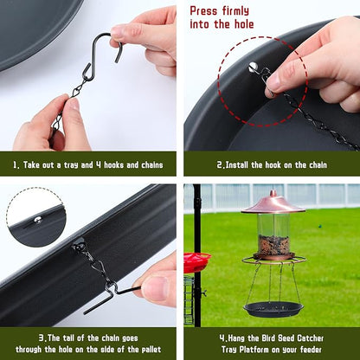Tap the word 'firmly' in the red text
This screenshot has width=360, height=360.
click(x=235, y=11)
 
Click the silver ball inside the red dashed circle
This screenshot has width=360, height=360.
click(x=253, y=67)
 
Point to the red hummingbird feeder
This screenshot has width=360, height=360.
click(x=197, y=262)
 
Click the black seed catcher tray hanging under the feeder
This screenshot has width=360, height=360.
click(x=273, y=309)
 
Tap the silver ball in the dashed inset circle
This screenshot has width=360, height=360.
click(x=38, y=221)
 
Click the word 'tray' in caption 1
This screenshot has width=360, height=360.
click(x=71, y=165)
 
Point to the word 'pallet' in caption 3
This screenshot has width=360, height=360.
click(x=151, y=350)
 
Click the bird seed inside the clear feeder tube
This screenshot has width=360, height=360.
click(x=273, y=245)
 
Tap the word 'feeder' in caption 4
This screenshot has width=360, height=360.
click(x=311, y=350)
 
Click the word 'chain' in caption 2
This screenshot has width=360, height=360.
click(x=318, y=165)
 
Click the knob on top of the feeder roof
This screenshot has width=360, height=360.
click(x=273, y=193)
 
